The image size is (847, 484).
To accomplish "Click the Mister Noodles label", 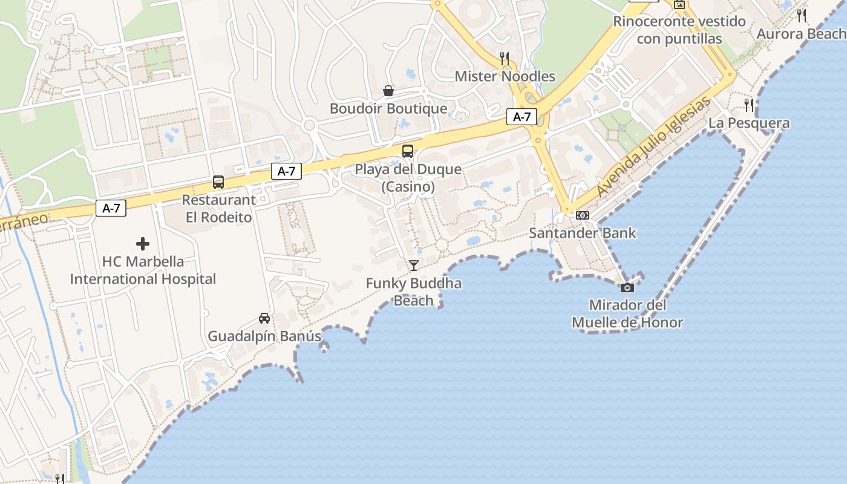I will [x=505, y=76].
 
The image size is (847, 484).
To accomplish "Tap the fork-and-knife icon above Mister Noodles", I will [x=505, y=58].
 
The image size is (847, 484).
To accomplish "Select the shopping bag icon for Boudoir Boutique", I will [x=388, y=91].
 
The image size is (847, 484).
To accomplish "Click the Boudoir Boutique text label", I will [x=388, y=109].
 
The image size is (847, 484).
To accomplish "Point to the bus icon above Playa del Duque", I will [x=408, y=151].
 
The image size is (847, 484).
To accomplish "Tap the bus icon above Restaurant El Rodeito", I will [x=218, y=181].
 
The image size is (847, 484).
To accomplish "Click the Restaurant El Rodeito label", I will [x=218, y=208].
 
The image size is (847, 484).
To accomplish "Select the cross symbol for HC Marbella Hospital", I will [x=143, y=244].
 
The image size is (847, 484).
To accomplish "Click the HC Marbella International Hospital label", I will [x=143, y=270].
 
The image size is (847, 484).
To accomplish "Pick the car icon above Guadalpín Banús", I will [x=264, y=318].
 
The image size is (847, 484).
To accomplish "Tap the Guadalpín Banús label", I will [x=264, y=336].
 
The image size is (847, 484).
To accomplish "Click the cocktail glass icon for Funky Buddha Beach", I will [x=413, y=265].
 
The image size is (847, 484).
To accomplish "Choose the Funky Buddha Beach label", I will [x=414, y=292].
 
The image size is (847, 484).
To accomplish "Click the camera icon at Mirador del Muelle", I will [x=627, y=287].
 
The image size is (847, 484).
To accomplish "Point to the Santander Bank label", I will [x=583, y=233].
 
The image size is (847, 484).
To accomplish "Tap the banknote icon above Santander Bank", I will [x=583, y=215].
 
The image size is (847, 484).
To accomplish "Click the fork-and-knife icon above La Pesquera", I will [x=749, y=105].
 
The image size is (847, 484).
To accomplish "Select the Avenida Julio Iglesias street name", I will [x=653, y=148].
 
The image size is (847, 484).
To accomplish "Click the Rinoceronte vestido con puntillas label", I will [x=679, y=30].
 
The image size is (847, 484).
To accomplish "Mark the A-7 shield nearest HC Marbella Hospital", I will [x=111, y=209].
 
